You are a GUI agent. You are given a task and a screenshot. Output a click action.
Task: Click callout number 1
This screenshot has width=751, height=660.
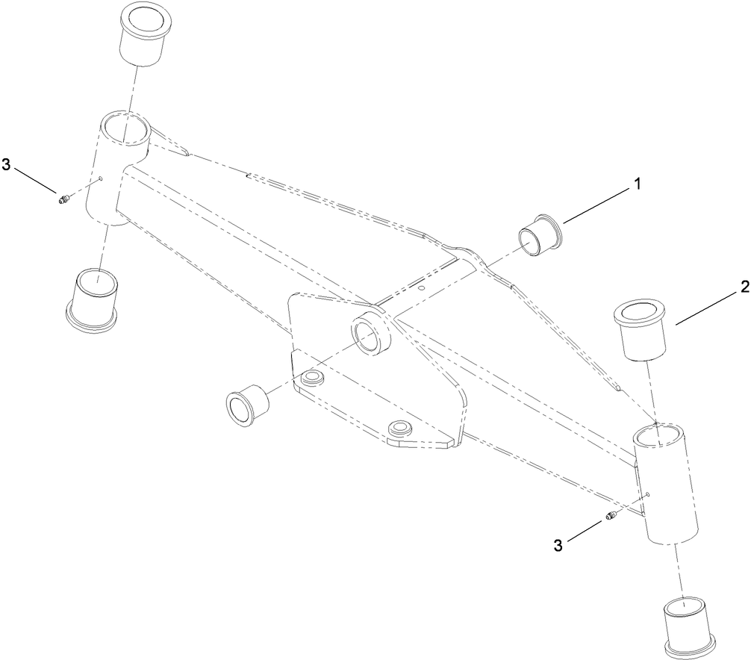(x=637, y=183)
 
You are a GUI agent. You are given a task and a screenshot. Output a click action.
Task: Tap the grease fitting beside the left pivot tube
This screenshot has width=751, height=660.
(x=62, y=198)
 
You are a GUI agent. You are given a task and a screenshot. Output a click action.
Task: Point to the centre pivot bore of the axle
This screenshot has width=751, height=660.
(x=369, y=332)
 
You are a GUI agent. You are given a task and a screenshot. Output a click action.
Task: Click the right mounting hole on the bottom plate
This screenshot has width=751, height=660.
(x=399, y=429)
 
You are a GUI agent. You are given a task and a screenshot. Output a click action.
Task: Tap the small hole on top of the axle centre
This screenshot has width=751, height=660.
(x=422, y=286)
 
